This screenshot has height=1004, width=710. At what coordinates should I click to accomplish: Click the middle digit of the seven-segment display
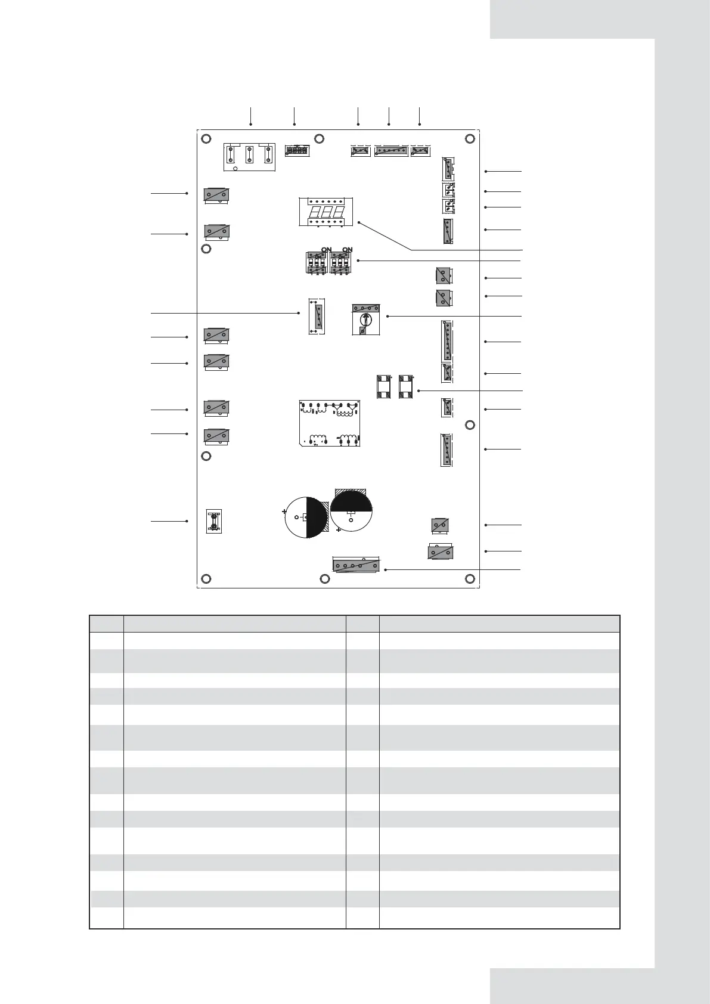pos(326,212)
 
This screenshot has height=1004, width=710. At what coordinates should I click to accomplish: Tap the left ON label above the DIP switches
pos(326,250)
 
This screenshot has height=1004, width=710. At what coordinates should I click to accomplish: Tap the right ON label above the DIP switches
pos(348,250)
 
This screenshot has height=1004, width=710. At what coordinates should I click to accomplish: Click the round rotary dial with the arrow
pos(366,320)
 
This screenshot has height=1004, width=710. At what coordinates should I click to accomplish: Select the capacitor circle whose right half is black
pos(306,518)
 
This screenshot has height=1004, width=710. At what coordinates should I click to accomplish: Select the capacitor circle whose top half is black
pos(351,510)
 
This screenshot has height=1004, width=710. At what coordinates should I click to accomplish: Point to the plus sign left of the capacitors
pos(284,511)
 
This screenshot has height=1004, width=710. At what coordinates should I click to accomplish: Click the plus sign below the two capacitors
pos(339,530)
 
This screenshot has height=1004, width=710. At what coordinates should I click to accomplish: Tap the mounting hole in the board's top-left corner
pos(206,138)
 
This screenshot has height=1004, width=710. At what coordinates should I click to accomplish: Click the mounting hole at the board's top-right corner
pos(470,138)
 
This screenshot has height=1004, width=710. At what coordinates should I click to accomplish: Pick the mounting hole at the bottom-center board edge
pos(324,579)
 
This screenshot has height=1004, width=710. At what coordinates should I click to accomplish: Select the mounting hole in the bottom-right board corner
pos(470,579)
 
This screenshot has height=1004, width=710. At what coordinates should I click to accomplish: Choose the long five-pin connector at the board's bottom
pos(356,565)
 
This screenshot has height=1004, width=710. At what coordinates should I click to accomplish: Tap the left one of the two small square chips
pos(383,387)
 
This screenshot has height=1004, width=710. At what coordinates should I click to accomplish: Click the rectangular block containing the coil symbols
pos(330,423)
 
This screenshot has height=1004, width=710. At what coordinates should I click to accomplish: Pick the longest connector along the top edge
pos(391,151)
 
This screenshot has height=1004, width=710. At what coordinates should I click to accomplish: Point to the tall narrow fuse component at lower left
pos(214,521)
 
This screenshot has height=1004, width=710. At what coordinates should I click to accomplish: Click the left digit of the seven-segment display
pos(315,212)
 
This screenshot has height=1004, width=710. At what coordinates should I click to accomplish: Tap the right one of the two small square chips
pos(405,387)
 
